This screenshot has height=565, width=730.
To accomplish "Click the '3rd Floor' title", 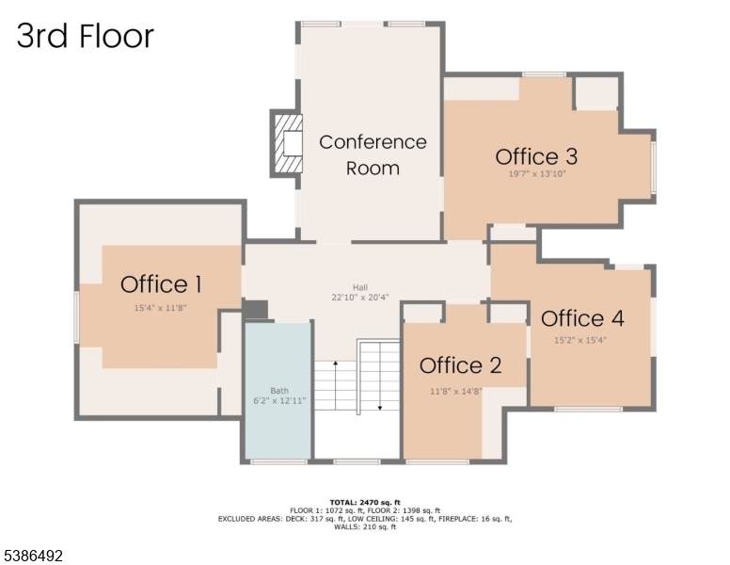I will click(x=86, y=36).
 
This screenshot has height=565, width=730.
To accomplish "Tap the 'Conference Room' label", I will click(x=373, y=154).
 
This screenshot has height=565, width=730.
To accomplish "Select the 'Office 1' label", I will click(x=161, y=283).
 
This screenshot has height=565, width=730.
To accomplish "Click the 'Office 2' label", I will click(x=460, y=365).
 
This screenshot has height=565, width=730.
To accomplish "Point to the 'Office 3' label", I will click(x=536, y=156).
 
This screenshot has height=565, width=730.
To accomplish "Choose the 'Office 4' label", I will click(x=582, y=317).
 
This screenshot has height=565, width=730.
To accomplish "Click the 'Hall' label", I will click(x=360, y=287).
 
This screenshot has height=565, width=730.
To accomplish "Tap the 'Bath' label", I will click(x=278, y=390).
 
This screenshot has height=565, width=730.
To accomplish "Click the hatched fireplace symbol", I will click(x=287, y=143).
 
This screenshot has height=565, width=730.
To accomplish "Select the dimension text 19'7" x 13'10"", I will click(x=536, y=174).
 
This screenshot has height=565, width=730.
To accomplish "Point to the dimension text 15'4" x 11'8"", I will click(x=161, y=307).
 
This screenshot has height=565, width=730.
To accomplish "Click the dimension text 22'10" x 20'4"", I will click(x=360, y=299).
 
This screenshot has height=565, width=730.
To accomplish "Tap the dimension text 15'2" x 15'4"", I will click(x=580, y=340).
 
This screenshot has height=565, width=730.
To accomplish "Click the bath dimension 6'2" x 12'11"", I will click(x=278, y=401).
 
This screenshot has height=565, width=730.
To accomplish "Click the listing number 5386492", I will click(x=32, y=557).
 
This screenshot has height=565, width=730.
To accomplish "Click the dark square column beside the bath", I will click(x=256, y=310).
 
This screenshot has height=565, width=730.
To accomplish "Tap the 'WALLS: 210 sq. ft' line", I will click(x=364, y=527).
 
